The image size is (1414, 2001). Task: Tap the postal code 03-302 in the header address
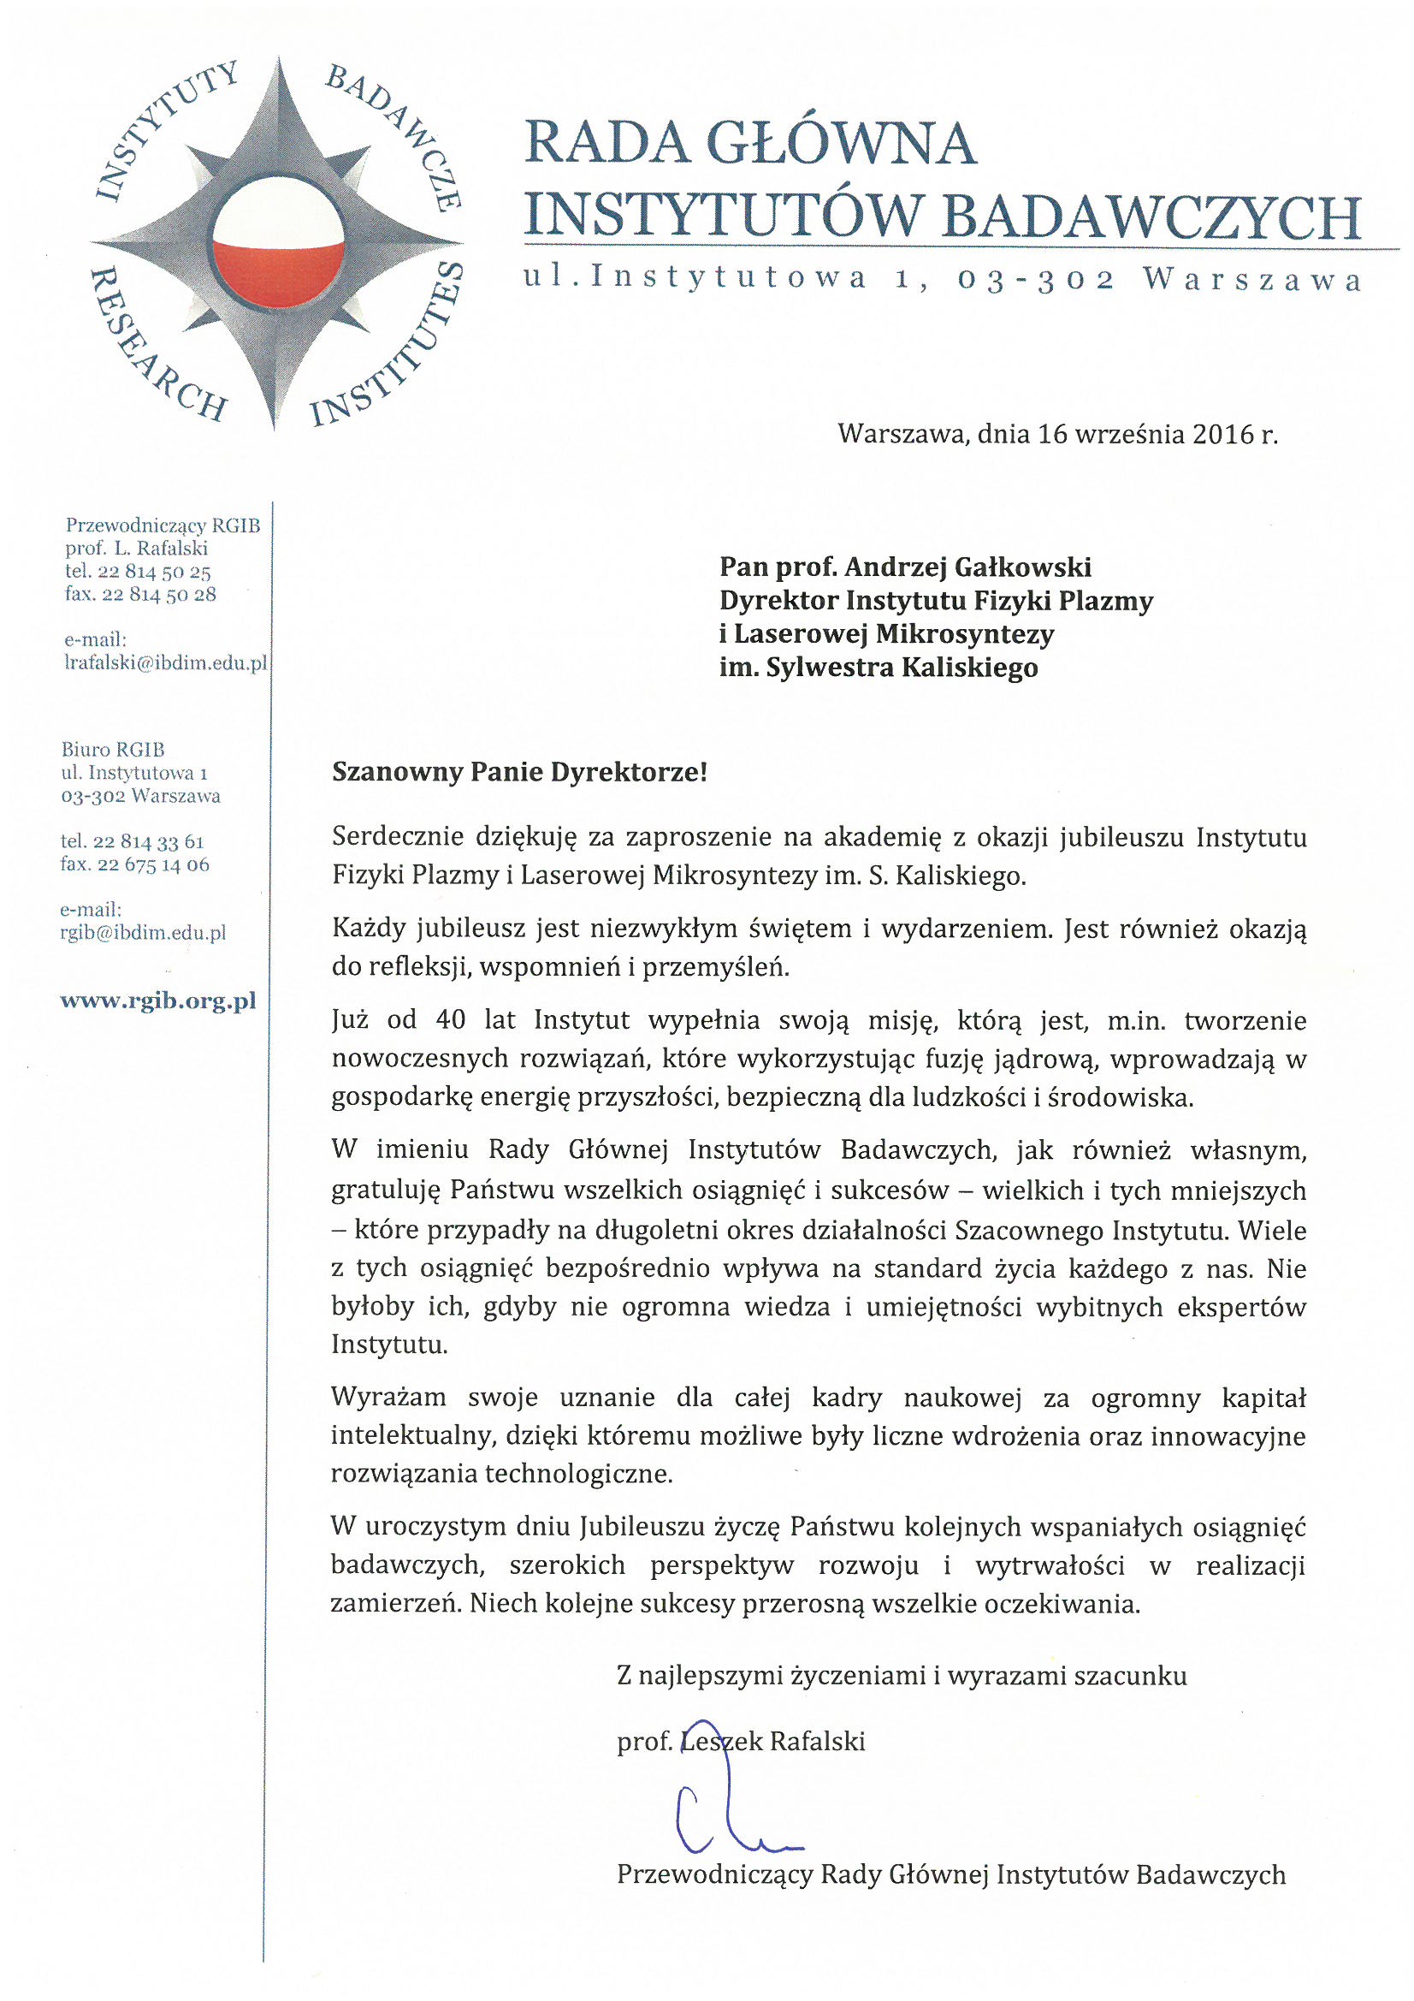[1035, 280]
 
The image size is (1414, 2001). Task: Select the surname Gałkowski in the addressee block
[1023, 567]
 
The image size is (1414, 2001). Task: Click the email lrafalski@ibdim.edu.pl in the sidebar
[166, 662]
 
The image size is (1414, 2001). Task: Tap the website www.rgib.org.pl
[157, 1000]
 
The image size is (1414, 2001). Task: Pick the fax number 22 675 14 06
[153, 864]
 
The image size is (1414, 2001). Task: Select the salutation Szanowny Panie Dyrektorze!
[519, 772]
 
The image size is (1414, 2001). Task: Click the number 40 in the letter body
[451, 1019]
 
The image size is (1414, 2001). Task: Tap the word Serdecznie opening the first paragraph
[397, 838]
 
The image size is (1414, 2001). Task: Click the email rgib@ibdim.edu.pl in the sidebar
[143, 933]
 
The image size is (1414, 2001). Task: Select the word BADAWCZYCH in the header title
[1151, 217]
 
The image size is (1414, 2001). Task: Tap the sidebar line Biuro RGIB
[112, 750]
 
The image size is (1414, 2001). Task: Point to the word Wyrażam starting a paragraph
[388, 1398]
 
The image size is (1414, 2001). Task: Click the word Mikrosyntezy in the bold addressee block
[963, 634]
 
